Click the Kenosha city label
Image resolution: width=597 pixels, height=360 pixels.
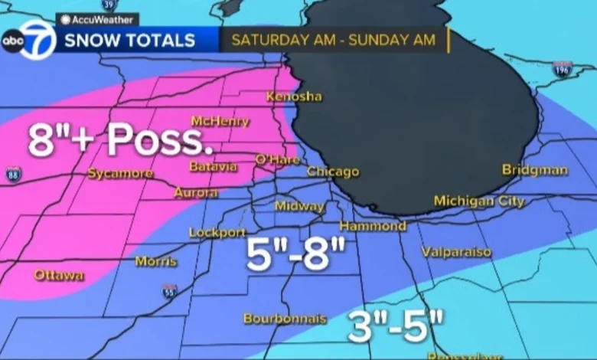[294, 97]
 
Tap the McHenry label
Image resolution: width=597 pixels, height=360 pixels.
[220, 121]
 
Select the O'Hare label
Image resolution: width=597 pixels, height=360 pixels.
[278, 159]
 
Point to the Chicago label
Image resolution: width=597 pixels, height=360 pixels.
[333, 172]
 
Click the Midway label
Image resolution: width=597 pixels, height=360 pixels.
[300, 206]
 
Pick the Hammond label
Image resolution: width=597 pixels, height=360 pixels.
[373, 226]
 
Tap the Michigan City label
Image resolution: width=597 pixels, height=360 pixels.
[479, 201]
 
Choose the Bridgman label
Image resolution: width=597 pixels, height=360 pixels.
[535, 169]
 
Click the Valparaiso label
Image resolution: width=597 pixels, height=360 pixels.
[456, 251]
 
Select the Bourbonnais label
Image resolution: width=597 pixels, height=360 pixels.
[285, 318]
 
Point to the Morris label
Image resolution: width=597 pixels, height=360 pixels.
[156, 261]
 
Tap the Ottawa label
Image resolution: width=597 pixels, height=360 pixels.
[58, 274]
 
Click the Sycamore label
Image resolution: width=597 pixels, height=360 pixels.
[120, 173]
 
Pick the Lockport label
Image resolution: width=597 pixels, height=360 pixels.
[217, 232]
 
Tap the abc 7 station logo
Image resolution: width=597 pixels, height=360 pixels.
[29, 41]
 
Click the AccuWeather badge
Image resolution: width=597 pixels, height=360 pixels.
[97, 20]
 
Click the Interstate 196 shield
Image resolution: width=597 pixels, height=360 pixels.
[563, 69]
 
